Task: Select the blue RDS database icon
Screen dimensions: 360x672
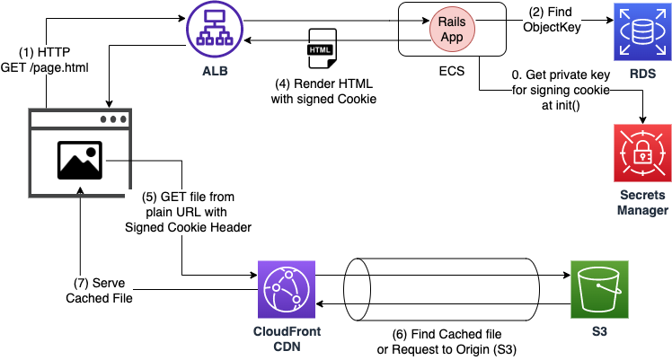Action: (641, 31)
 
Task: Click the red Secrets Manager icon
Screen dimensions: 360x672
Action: (641, 154)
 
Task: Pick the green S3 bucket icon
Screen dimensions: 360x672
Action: (599, 289)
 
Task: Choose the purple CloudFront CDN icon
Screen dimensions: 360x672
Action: (287, 289)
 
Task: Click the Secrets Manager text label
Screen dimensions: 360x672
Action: (641, 202)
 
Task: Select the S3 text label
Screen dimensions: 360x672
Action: (599, 331)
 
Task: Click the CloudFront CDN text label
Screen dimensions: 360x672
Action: (287, 338)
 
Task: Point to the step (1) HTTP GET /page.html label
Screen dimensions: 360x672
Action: (45, 59)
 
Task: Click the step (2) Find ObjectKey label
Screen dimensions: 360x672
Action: (553, 20)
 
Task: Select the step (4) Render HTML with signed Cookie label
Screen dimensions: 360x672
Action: (323, 92)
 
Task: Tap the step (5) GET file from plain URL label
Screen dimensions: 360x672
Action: (188, 212)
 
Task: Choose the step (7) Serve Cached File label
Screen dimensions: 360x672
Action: (99, 290)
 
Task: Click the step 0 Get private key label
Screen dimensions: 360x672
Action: (561, 89)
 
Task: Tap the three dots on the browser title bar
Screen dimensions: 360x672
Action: (113, 119)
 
